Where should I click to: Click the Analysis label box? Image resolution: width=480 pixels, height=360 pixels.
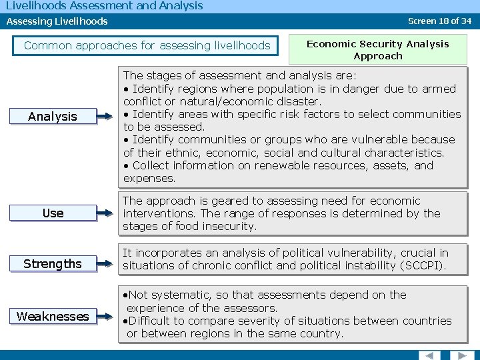53,117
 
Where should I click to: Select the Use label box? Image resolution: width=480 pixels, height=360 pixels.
53,213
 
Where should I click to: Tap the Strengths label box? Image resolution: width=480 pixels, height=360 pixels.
53,264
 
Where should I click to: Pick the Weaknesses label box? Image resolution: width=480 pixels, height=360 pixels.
53,316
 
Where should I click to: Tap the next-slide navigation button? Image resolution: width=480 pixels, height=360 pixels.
459,355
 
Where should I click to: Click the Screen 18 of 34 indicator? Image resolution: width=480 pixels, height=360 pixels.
439,21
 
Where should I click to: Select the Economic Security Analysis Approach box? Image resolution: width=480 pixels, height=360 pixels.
377,50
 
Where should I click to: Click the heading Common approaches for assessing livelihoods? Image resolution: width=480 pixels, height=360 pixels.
147,46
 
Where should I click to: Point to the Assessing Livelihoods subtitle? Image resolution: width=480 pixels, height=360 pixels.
57,21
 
